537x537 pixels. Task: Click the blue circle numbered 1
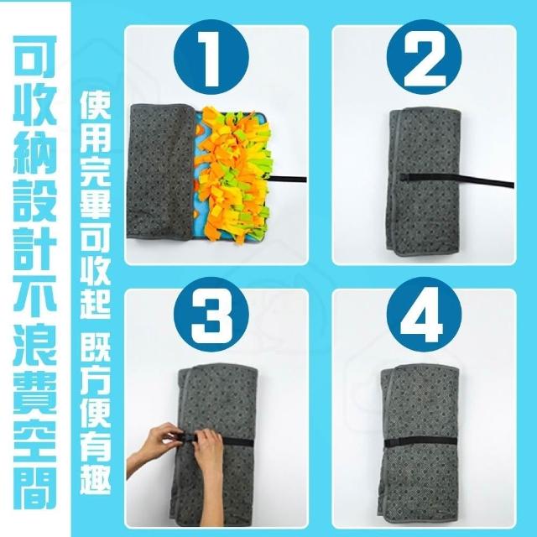211,57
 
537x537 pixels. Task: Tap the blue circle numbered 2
424,57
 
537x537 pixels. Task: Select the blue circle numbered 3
211,315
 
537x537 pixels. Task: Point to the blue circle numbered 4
424,315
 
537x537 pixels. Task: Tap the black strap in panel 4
420,442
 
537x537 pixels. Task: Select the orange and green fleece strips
233,174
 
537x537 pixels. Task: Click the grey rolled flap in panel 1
160,171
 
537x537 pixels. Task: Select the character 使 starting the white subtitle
96,103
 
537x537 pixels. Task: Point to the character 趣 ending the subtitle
96,478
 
